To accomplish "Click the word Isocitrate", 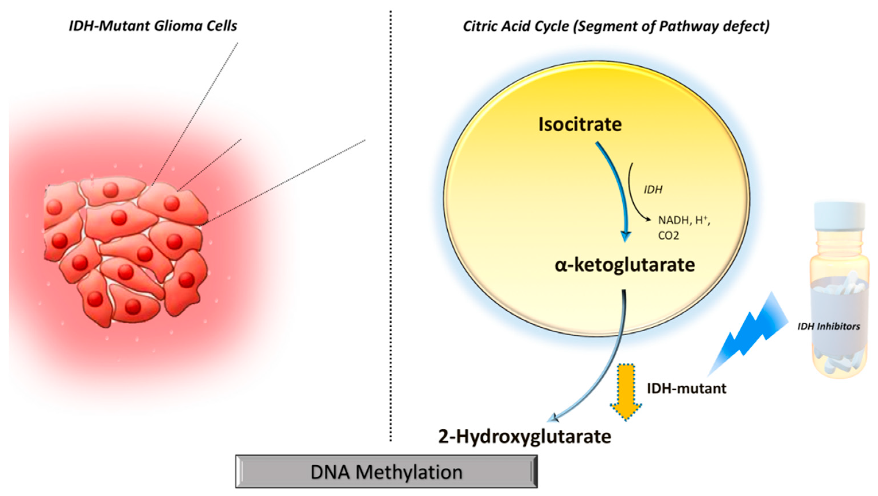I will point(580,124).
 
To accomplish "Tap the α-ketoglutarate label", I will point(625,265).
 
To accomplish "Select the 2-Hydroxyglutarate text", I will point(524,437).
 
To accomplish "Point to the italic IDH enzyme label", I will point(653,190).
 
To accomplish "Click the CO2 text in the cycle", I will point(668,236).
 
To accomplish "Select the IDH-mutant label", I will point(686,388).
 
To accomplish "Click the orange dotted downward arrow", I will point(626,392).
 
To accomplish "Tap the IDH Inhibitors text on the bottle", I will point(828,327).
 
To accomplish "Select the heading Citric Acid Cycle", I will point(515,26).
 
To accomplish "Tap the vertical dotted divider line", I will point(391,238).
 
